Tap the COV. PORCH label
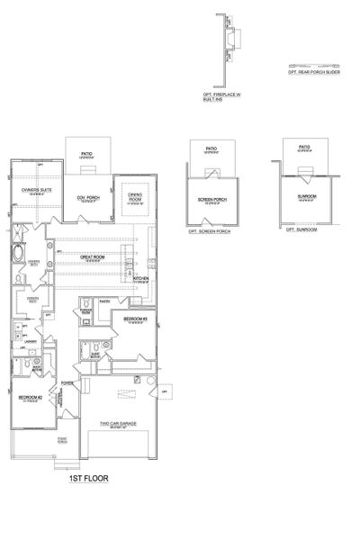(87, 198)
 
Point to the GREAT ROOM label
(94, 259)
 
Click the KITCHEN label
(140, 279)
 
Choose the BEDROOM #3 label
(135, 318)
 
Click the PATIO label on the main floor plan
(87, 153)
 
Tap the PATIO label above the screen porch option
(211, 148)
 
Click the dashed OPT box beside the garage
(165, 392)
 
